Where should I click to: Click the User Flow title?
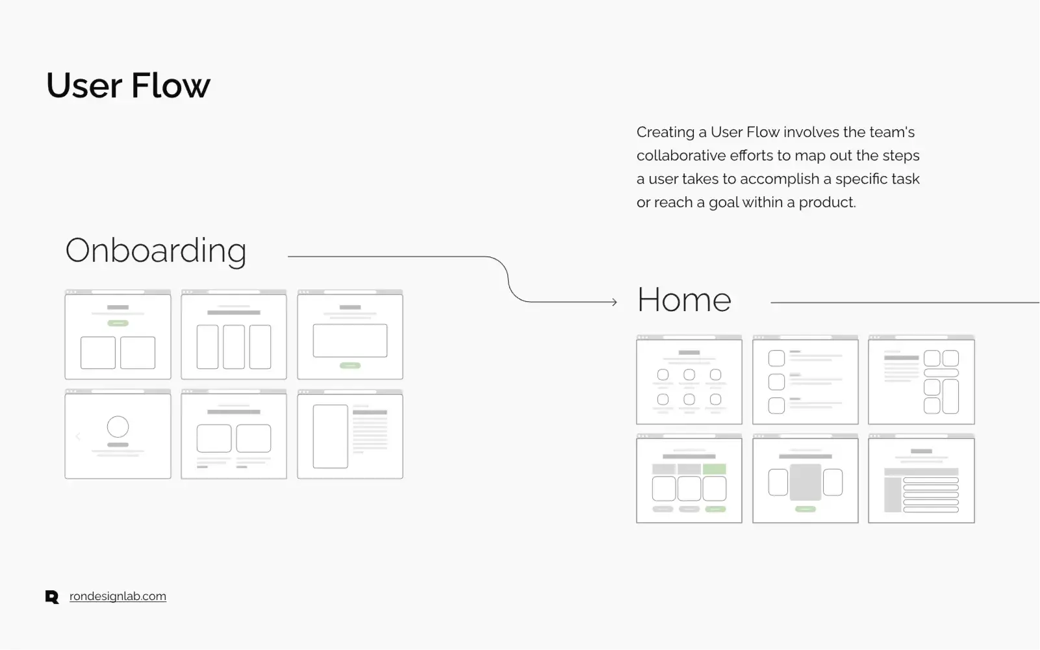click(129, 86)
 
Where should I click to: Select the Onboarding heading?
click(156, 251)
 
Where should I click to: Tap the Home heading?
click(684, 300)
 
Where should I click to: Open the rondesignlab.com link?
click(118, 596)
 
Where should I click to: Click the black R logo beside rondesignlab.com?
click(52, 597)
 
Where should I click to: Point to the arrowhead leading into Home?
click(614, 302)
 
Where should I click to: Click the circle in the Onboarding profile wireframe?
click(118, 427)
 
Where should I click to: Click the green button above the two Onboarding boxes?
click(118, 323)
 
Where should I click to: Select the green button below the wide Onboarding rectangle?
click(350, 366)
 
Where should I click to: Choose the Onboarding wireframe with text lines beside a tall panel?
click(350, 436)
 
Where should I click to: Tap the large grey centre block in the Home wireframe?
click(805, 482)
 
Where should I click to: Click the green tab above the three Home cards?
click(715, 469)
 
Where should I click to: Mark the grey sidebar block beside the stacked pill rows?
click(893, 495)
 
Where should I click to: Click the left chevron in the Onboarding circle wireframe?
click(78, 436)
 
